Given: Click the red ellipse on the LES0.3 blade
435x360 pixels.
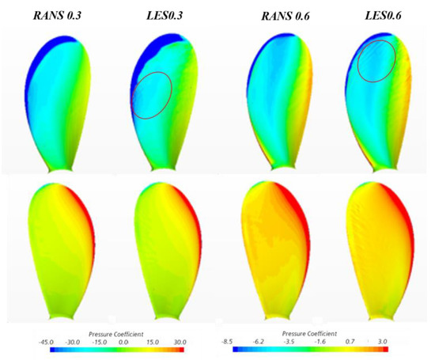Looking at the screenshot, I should point(150,95).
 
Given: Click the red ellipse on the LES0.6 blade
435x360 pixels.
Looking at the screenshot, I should point(376,60).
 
